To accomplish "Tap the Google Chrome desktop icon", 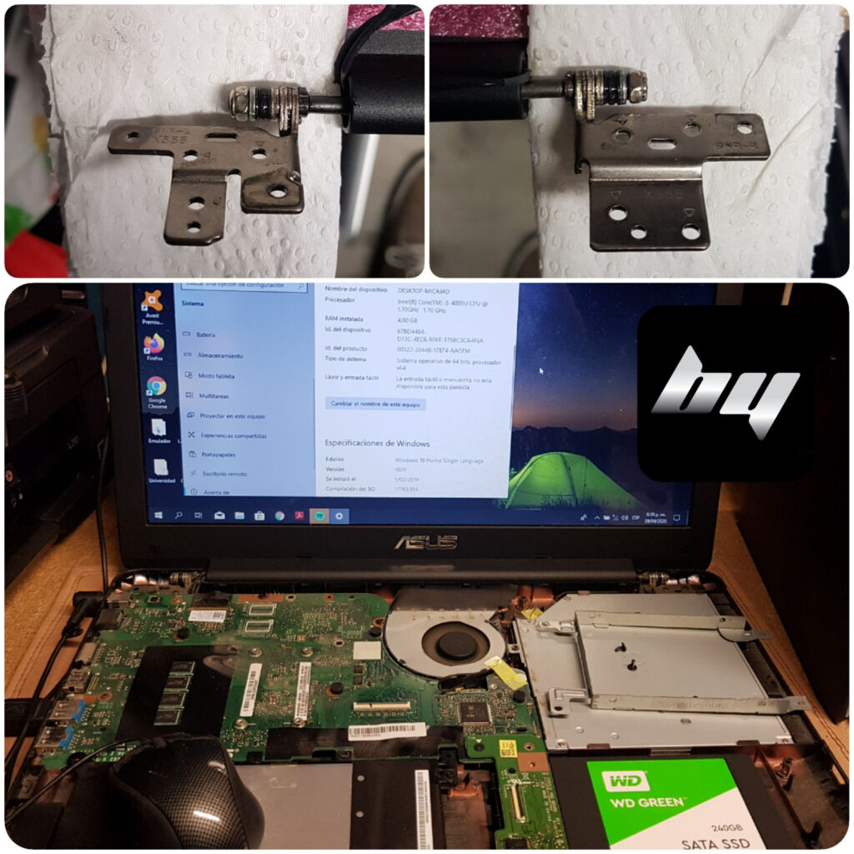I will click(156, 388).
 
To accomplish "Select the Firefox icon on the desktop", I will click(154, 344).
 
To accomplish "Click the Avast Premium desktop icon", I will click(153, 302).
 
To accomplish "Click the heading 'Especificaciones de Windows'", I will click(378, 443).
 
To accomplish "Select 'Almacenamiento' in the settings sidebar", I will click(220, 355).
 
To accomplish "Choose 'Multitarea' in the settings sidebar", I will click(214, 395).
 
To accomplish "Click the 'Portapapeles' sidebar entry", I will click(218, 455).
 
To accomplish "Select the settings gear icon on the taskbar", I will click(339, 515).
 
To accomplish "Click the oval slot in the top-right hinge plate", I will click(661, 143).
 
